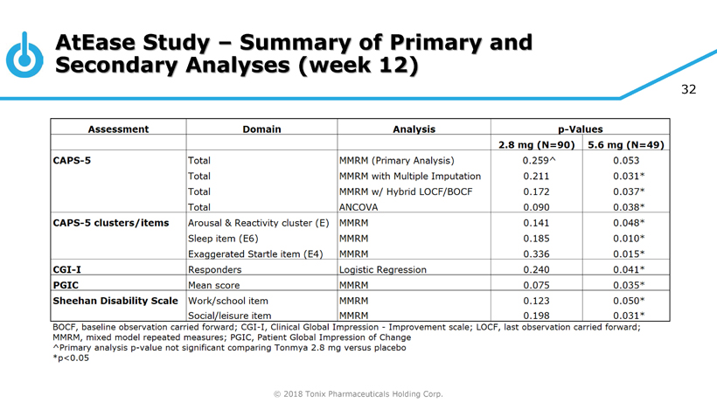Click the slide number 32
tap(688, 90)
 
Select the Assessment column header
tap(118, 129)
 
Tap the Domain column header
tap(261, 129)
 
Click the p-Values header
tap(579, 129)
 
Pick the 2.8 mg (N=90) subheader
tap(536, 145)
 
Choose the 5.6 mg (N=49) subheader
tap(625, 145)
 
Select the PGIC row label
tap(67, 285)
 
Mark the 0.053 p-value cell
tap(626, 161)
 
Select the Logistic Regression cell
tap(383, 270)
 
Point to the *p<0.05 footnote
tap(71, 358)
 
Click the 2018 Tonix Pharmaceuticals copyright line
tap(358, 393)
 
